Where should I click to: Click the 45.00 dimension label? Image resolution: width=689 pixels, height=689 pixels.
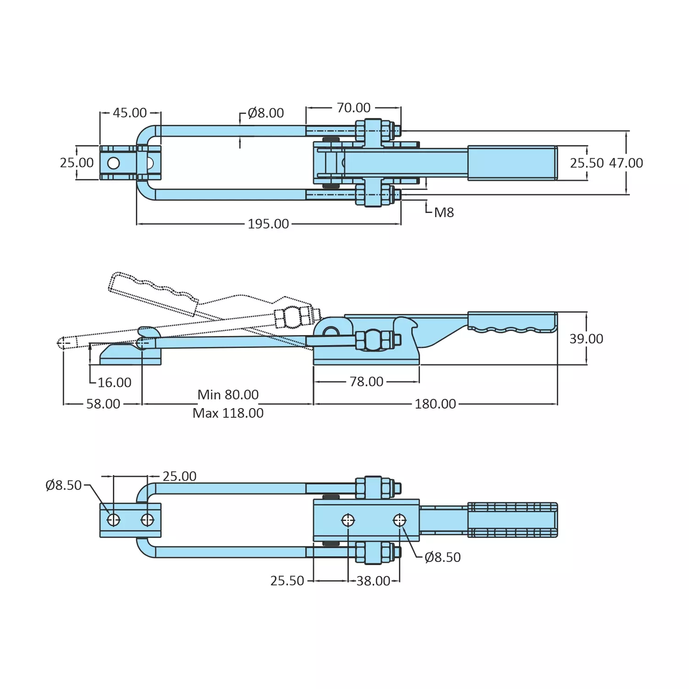(x=129, y=113)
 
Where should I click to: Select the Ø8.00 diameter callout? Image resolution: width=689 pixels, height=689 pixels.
(x=265, y=113)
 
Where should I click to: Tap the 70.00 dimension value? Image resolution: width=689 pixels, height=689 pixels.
(x=353, y=108)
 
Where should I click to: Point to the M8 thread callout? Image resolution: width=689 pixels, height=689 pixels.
(x=443, y=213)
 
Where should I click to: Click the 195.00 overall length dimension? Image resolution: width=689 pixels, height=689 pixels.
(x=268, y=224)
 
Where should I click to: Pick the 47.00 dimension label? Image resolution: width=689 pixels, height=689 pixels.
(x=626, y=163)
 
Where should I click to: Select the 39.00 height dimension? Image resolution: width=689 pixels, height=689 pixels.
(x=586, y=339)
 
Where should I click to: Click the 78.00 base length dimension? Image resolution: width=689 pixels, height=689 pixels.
(x=366, y=381)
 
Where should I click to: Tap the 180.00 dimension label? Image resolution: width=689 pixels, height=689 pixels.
(x=435, y=404)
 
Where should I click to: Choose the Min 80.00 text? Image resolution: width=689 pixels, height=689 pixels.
(x=228, y=395)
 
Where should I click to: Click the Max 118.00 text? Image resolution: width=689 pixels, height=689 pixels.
(x=228, y=413)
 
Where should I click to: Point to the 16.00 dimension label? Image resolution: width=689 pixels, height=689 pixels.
(x=114, y=382)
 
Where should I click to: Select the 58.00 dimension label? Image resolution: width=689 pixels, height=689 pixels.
(x=103, y=404)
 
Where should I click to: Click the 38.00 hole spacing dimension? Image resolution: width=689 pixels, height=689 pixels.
(x=373, y=581)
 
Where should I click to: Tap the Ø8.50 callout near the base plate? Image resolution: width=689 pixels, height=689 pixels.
(x=442, y=557)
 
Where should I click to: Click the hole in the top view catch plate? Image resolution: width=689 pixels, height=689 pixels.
(x=113, y=163)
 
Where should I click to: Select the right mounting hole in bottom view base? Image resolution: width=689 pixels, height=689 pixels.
(x=399, y=520)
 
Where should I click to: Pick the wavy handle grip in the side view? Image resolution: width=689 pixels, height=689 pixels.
(x=512, y=321)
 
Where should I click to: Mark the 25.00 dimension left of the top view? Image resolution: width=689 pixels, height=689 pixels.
(x=77, y=163)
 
